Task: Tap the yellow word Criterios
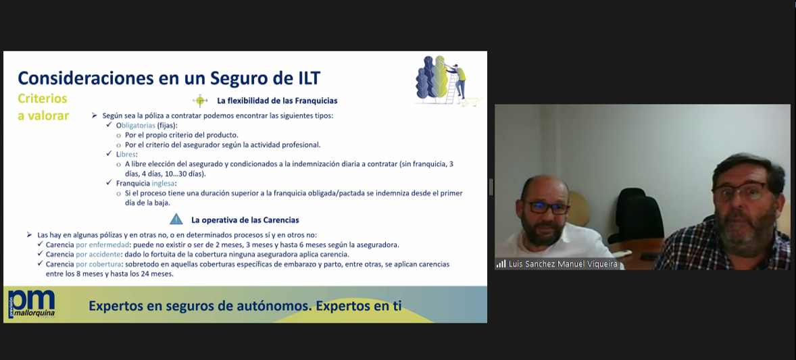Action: click(43, 99)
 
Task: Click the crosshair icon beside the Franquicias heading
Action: click(200, 101)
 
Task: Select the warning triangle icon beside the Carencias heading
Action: click(176, 220)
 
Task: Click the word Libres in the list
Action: click(126, 154)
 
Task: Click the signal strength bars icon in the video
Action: click(501, 264)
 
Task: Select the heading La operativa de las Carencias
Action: click(245, 220)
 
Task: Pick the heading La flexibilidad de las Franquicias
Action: click(277, 101)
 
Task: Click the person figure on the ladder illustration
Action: click(459, 80)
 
